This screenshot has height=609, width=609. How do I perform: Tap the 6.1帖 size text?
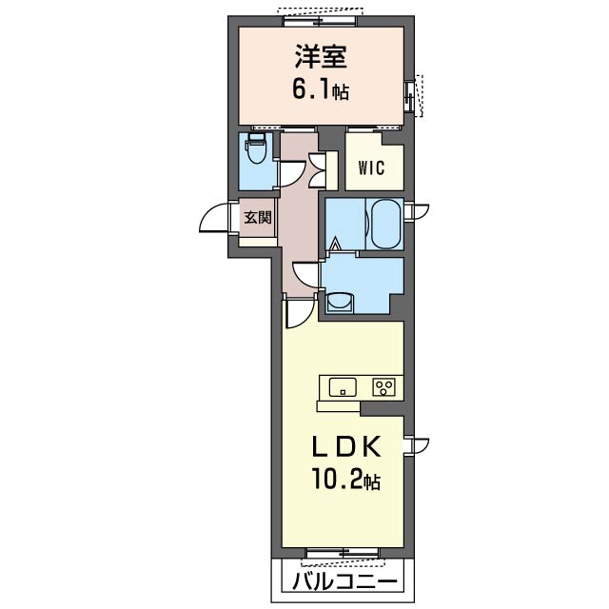click(x=320, y=91)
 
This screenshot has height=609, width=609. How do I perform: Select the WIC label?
click(x=371, y=169)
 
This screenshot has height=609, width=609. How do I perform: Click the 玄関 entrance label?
click(x=257, y=218)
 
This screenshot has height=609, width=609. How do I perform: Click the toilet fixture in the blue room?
click(x=255, y=151)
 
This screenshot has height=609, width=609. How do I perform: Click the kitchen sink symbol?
click(x=343, y=386)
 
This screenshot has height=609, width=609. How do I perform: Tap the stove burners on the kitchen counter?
click(x=383, y=386)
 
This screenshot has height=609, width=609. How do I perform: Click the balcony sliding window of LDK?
click(x=341, y=553)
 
